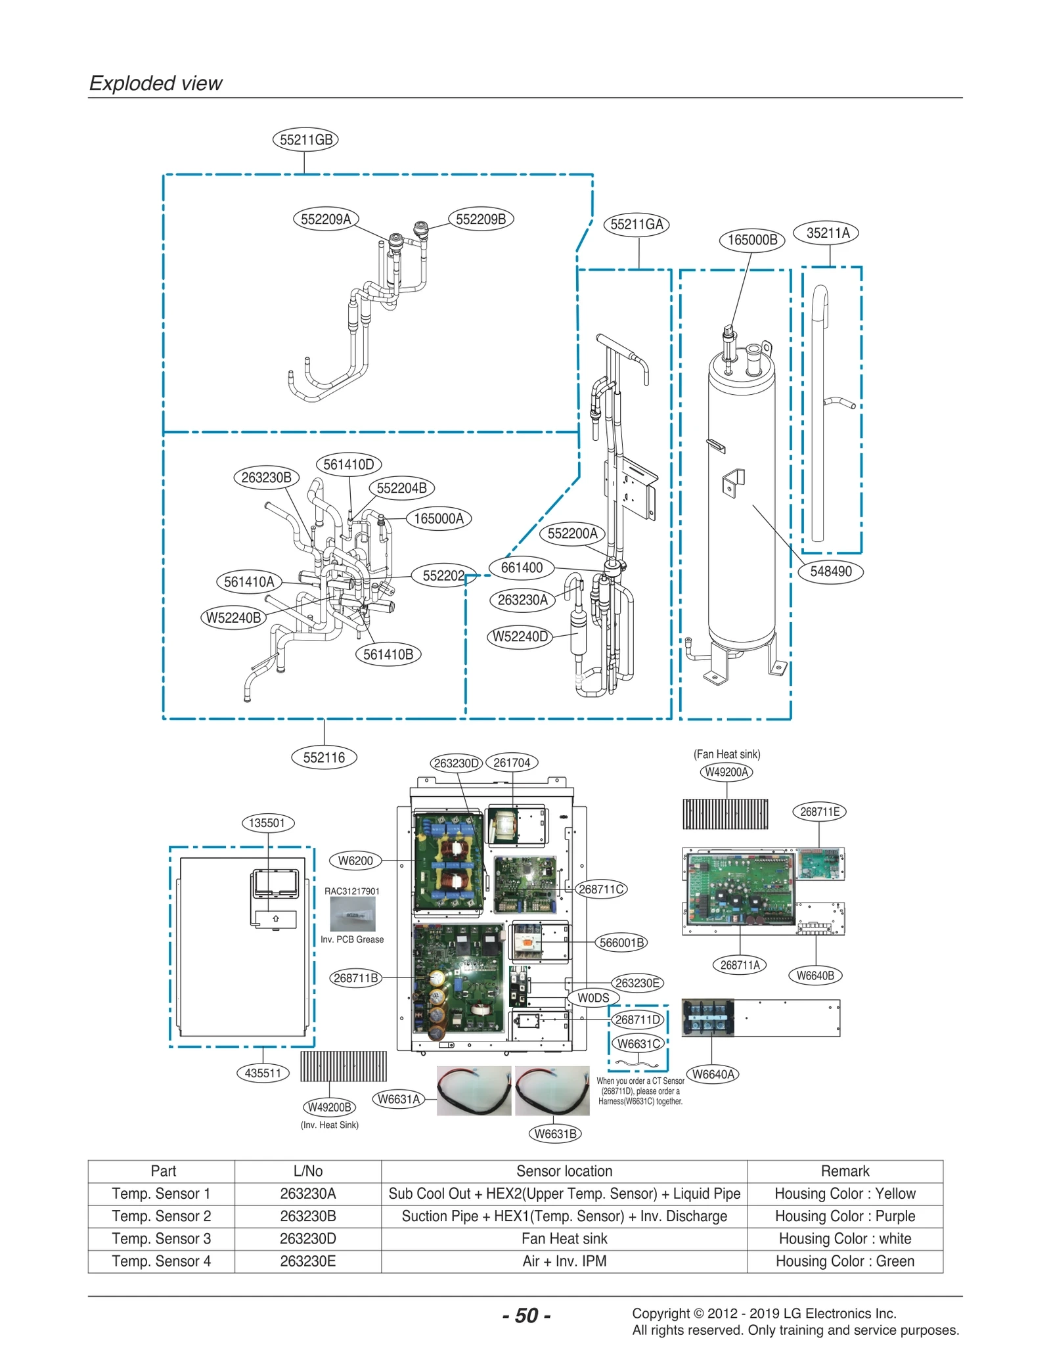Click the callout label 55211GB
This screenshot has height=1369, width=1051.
tap(305, 139)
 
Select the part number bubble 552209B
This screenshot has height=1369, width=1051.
tap(481, 219)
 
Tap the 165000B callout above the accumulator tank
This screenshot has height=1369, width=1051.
tap(751, 240)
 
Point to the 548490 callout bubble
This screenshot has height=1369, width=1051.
tap(830, 571)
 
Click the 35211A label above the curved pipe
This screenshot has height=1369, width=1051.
tap(827, 233)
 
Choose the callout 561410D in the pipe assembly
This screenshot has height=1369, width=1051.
tap(348, 464)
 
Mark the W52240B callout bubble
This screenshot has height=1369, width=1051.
tap(233, 617)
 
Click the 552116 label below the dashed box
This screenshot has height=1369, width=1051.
tap(324, 757)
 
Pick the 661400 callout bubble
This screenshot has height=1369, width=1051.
tap(522, 568)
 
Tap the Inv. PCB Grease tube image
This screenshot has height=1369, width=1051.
tap(353, 914)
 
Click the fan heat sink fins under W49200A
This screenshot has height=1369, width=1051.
tap(725, 814)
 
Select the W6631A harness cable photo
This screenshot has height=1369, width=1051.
tap(474, 1090)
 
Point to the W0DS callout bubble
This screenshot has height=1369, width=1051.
tap(593, 998)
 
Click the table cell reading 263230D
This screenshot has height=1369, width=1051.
tap(307, 1238)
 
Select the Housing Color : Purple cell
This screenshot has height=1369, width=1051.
tap(845, 1216)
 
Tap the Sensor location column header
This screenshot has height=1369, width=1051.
tap(564, 1171)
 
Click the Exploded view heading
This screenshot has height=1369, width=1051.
tap(156, 83)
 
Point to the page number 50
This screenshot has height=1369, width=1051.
tap(526, 1315)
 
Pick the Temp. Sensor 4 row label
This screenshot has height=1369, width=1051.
tap(161, 1261)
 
